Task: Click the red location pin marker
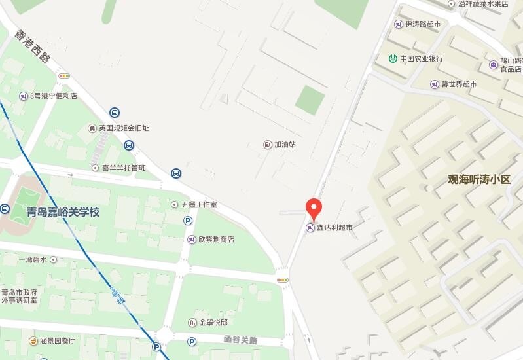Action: (x=314, y=207)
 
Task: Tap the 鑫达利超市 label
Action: (x=334, y=228)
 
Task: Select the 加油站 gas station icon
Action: (x=267, y=144)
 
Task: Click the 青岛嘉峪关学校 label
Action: (x=63, y=212)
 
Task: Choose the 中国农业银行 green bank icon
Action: (x=392, y=59)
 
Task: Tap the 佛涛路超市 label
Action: (x=423, y=24)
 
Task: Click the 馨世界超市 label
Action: (x=458, y=84)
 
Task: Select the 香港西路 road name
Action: (x=34, y=47)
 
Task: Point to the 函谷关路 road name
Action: (x=240, y=340)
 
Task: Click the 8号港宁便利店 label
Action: (x=54, y=96)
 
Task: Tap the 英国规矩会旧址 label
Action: (x=124, y=128)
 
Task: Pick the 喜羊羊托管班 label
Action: (x=123, y=168)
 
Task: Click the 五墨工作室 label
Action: (x=199, y=205)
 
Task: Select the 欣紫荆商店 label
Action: (x=216, y=240)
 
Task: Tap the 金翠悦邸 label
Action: (x=213, y=323)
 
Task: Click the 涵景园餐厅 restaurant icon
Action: (x=33, y=340)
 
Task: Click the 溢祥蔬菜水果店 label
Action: (x=483, y=4)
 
